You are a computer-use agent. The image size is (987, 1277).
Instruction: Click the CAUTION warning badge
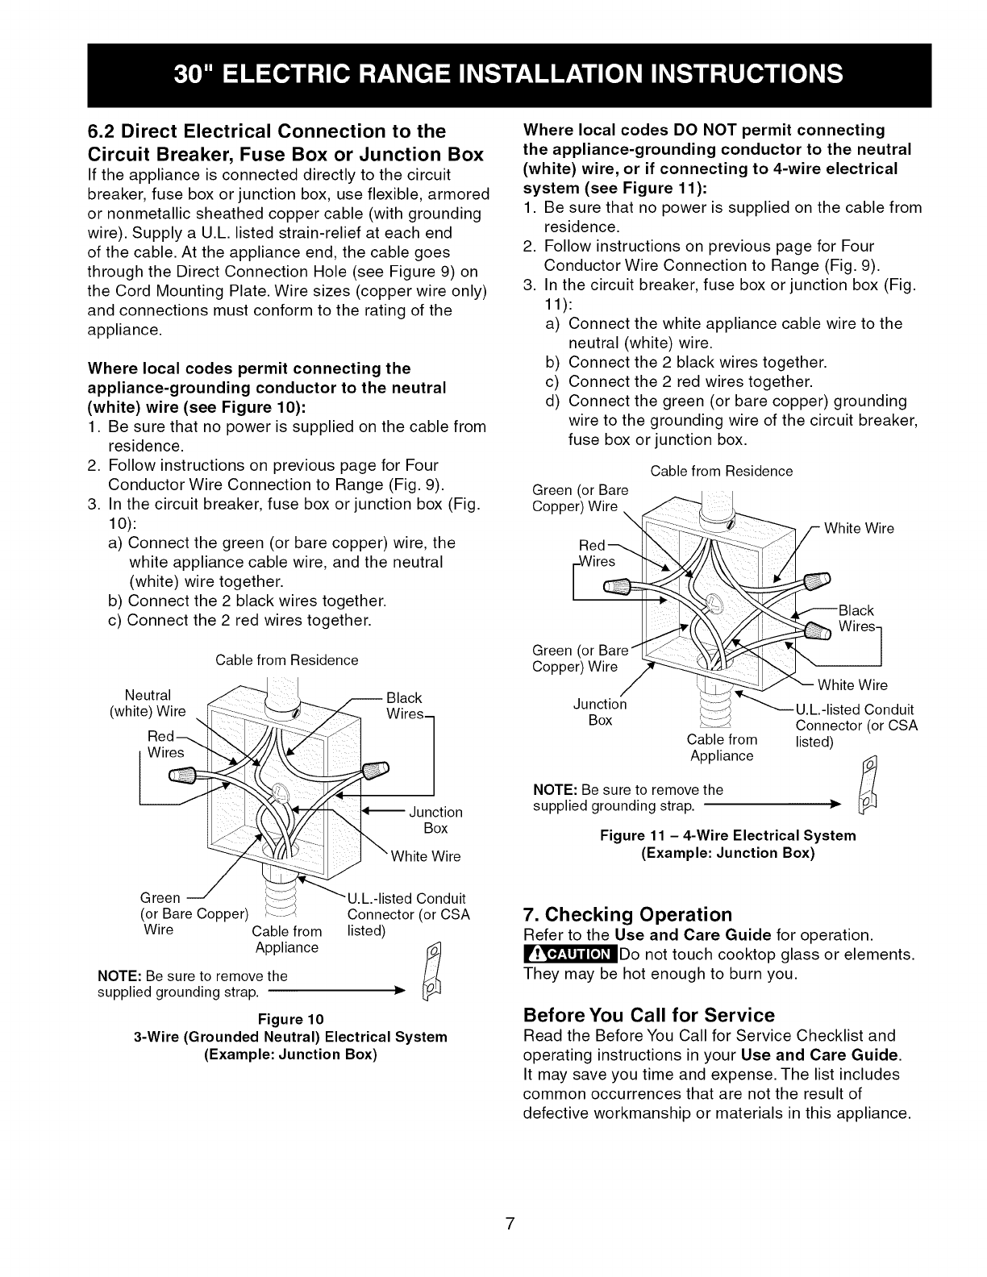pyautogui.click(x=569, y=955)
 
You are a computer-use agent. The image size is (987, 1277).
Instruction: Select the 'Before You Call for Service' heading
pyautogui.click(x=648, y=1014)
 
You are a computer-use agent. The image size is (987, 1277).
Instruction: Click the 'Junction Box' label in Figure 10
pyautogui.click(x=435, y=820)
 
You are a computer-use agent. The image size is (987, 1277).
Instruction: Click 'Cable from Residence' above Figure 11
pyautogui.click(x=722, y=471)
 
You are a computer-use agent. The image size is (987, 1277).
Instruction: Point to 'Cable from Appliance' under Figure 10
pyautogui.click(x=287, y=940)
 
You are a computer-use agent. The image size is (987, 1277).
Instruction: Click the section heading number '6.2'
pyautogui.click(x=102, y=131)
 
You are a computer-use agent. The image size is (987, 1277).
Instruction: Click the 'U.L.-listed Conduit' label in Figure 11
pyautogui.click(x=855, y=709)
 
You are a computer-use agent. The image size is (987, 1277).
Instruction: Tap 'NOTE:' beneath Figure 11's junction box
pyautogui.click(x=556, y=789)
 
